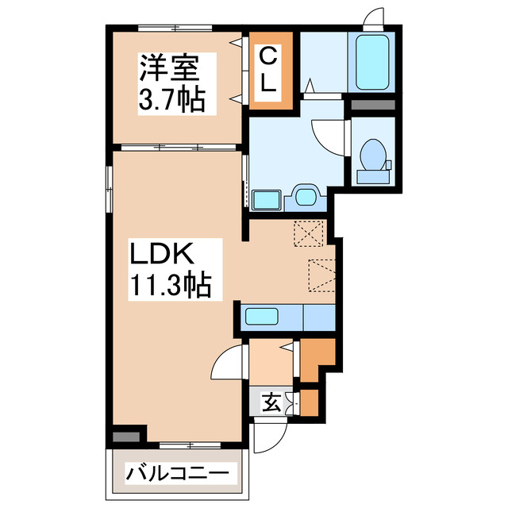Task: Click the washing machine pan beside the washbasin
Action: coord(267,199)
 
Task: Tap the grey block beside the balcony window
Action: coord(124,436)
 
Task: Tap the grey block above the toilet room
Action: coord(371,105)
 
